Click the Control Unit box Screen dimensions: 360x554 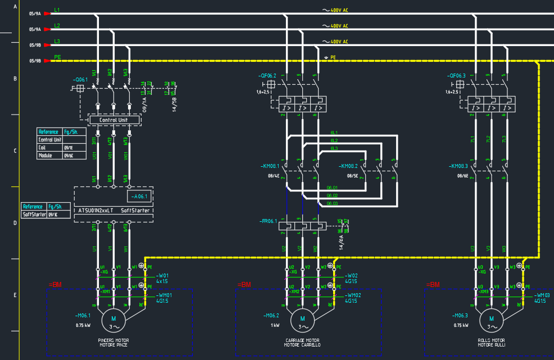pyautogui.click(x=114, y=120)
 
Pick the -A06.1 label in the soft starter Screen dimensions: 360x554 pyautogui.click(x=139, y=197)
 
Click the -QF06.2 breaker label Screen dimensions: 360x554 pyautogui.click(x=267, y=76)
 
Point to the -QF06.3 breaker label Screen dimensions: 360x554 pyautogui.click(x=457, y=76)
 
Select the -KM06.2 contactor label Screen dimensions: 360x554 pyautogui.click(x=348, y=166)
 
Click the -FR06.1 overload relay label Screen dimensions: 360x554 pyautogui.click(x=268, y=221)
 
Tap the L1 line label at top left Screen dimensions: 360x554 pyautogui.click(x=57, y=11)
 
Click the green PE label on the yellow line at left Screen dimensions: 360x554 pyautogui.click(x=57, y=57)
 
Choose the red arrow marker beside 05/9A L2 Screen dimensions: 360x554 pyautogui.click(x=47, y=29)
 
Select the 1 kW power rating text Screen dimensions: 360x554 pyautogui.click(x=275, y=325)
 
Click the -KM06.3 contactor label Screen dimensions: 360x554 pyautogui.click(x=458, y=166)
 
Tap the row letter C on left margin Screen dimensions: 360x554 pyautogui.click(x=15, y=151)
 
